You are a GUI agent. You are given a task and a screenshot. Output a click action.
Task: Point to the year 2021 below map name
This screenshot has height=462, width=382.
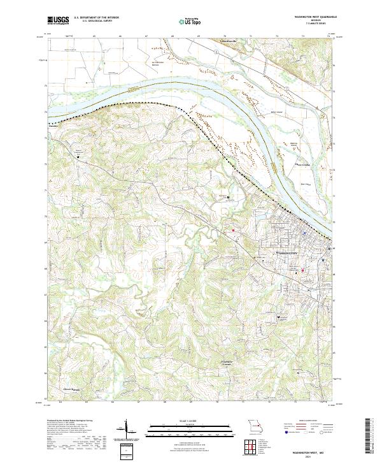click(x=300, y=456)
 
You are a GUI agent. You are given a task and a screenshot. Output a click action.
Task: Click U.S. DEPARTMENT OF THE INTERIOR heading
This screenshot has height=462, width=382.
click(x=95, y=18)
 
